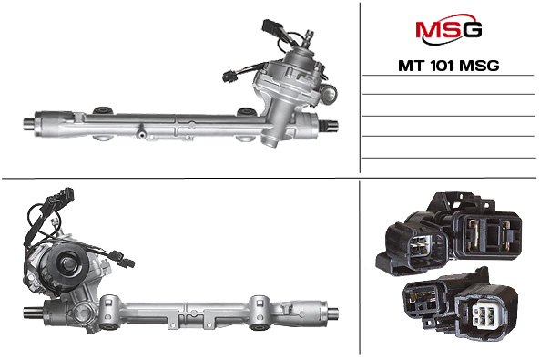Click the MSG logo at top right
point(448,29)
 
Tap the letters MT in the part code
point(412,66)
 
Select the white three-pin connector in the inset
point(483,314)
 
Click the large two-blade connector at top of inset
point(486,231)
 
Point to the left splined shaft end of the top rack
point(28,124)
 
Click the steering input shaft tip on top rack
point(309,35)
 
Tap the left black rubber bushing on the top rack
point(102,110)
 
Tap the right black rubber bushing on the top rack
point(246,112)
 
